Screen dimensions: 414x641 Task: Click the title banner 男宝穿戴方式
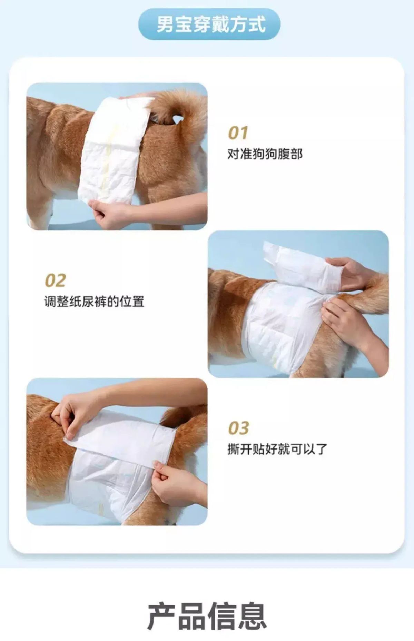point(209,24)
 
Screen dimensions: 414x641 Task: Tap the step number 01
point(238,133)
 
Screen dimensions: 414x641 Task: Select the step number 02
point(55,280)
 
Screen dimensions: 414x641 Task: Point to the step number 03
point(238,428)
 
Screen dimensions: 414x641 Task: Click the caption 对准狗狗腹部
point(265,154)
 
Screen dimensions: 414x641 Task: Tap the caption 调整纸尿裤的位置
point(94,302)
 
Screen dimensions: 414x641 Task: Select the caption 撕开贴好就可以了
point(277,449)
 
